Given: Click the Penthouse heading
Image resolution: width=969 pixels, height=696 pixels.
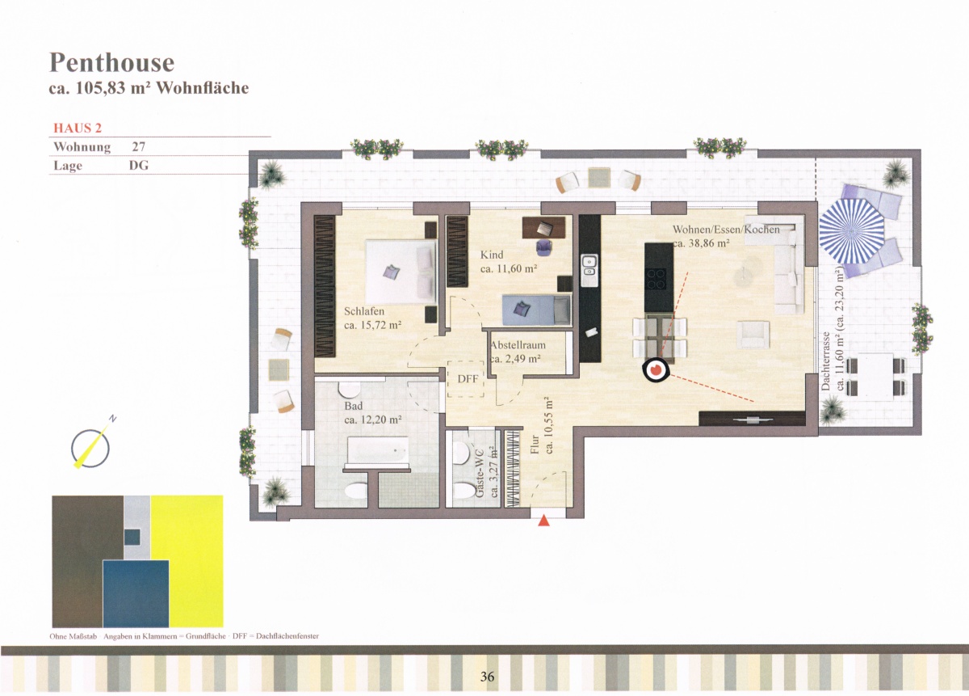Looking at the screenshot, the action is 112,63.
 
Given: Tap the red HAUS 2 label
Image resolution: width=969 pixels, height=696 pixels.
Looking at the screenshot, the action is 78,129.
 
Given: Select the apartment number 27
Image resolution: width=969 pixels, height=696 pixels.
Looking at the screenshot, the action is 138,147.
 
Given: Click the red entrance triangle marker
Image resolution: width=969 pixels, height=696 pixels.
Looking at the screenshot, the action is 543,521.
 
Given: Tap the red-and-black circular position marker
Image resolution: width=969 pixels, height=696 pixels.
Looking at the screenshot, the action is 656,370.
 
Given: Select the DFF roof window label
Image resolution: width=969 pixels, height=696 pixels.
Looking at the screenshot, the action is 468,379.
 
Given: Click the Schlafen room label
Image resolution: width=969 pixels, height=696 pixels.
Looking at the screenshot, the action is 364,311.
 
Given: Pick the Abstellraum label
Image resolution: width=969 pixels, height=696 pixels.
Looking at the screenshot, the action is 518,345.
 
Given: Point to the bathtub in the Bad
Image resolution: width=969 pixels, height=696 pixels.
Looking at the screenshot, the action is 378,450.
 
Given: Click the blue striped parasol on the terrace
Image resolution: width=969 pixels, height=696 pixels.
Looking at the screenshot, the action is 851,237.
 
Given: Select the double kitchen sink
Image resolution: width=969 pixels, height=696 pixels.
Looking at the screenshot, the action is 589,267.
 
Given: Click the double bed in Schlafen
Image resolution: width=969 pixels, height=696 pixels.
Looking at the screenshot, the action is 401,272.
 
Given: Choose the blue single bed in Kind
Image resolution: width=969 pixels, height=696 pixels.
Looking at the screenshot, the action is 536,310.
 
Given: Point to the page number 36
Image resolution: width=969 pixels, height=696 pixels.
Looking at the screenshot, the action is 487,677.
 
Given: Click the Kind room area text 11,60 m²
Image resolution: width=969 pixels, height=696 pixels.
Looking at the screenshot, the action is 509,268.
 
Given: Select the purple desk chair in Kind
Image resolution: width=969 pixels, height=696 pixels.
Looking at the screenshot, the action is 543,247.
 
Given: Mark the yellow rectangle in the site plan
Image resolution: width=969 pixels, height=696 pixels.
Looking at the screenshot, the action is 187,561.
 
